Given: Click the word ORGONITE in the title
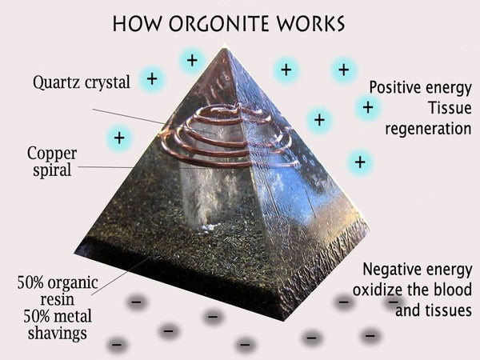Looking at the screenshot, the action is click(219, 23).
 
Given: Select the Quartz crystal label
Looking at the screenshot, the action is click(82, 82).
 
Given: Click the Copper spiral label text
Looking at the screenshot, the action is click(52, 162).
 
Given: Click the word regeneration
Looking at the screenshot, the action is click(428, 129).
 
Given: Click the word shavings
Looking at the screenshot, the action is click(58, 334).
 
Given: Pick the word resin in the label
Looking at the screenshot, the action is click(58, 299).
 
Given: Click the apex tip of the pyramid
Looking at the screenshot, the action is click(226, 46).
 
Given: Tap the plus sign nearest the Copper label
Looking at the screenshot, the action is click(119, 138).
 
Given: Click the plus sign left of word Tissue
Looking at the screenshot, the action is click(368, 107).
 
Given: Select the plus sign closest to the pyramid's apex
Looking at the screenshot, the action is click(192, 60).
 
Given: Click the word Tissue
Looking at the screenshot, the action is click(450, 108).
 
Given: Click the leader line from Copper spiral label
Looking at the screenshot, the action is click(106, 167).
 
